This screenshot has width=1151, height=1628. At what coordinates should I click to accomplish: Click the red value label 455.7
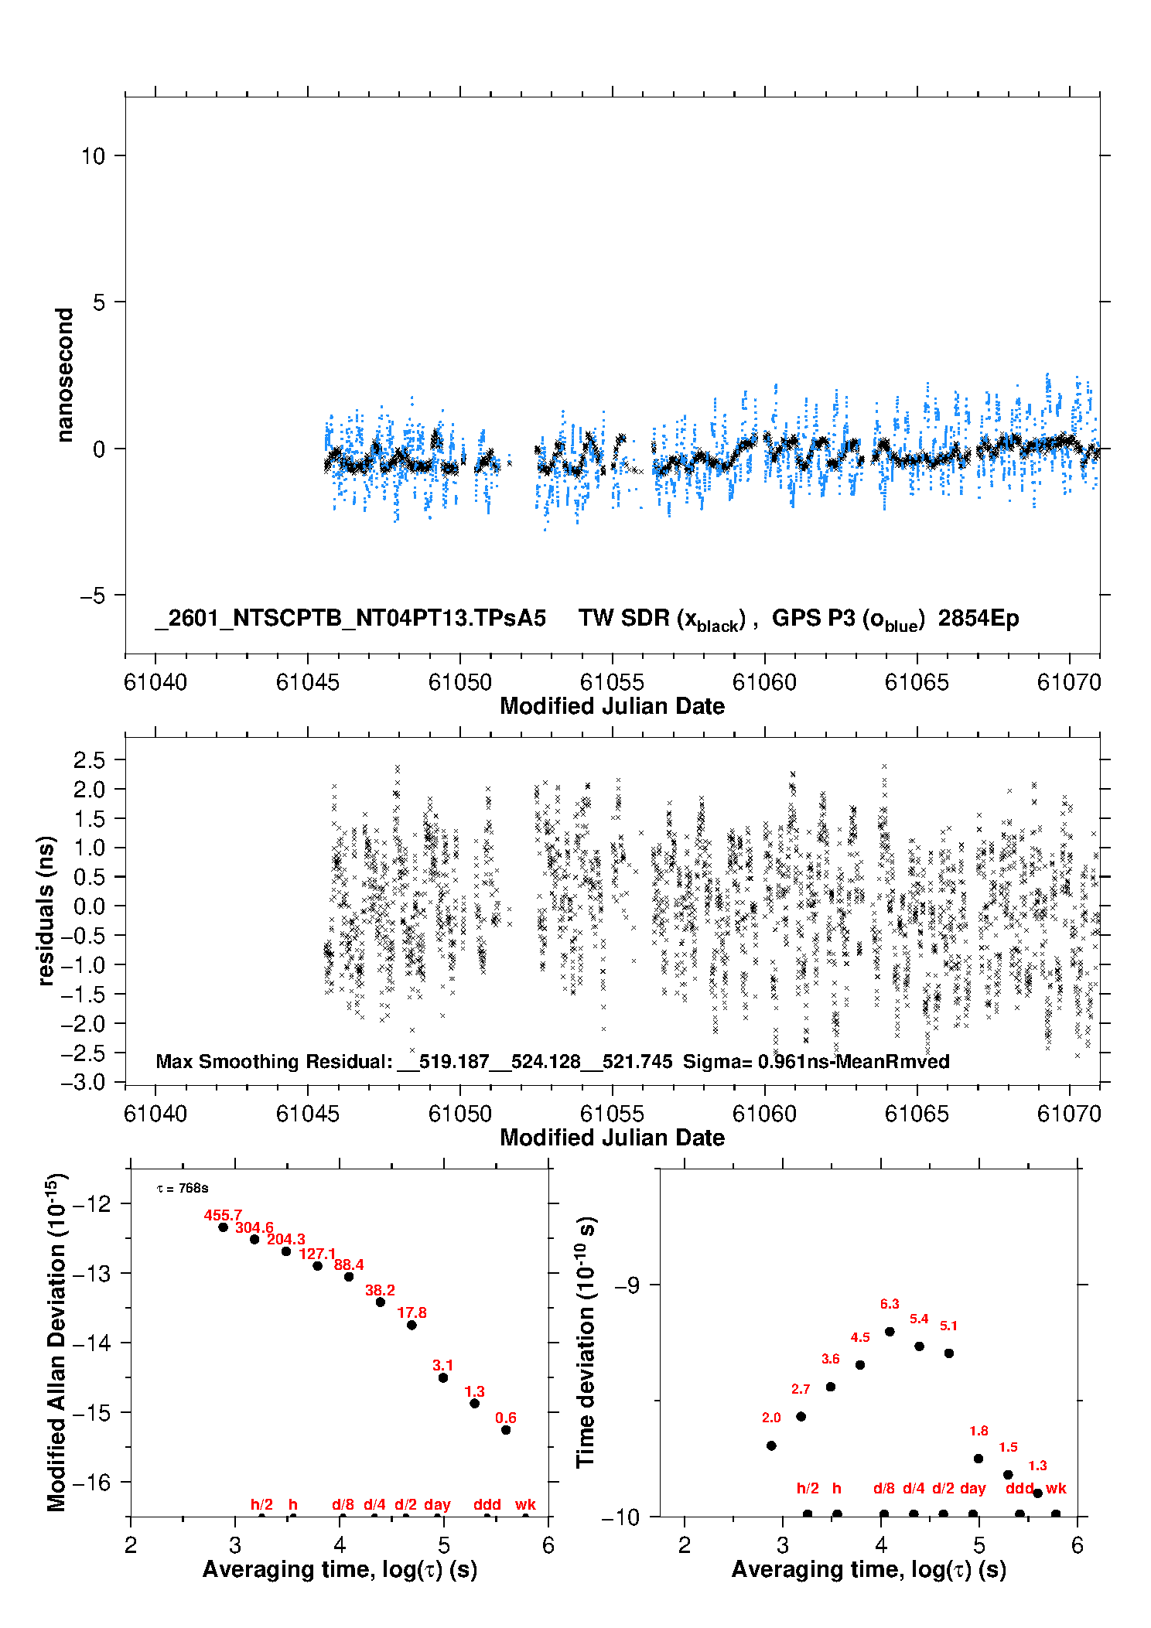(223, 1215)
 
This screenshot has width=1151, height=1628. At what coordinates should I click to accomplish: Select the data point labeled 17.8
(412, 1325)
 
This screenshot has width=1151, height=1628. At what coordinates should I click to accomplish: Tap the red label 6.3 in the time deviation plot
(890, 1304)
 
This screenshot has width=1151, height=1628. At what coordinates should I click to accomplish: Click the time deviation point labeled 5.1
(949, 1353)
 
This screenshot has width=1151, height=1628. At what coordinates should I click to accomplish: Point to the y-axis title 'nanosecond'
(65, 374)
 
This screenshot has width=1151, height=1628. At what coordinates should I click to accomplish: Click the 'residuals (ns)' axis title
(46, 910)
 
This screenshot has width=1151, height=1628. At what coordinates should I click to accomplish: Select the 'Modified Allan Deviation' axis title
(56, 1342)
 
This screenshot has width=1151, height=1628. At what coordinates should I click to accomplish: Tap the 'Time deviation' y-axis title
(586, 1342)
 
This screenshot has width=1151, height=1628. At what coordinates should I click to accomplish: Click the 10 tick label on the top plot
(93, 156)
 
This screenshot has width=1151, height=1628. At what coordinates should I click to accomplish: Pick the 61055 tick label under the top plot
(612, 682)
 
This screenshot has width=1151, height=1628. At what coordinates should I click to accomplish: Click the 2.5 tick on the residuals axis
(89, 760)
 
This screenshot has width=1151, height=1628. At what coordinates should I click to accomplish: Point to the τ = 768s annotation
(183, 1188)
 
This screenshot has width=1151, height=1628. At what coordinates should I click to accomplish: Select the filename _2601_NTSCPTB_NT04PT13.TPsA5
(350, 618)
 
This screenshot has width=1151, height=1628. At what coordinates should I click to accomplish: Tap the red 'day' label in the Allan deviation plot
(437, 1504)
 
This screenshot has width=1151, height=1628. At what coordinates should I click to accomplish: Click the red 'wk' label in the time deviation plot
(1056, 1488)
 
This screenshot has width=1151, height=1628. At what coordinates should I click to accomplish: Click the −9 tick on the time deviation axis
(627, 1285)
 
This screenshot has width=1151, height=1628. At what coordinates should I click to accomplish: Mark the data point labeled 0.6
(506, 1430)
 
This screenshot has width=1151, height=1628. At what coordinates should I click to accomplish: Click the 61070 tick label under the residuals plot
(1069, 1114)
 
